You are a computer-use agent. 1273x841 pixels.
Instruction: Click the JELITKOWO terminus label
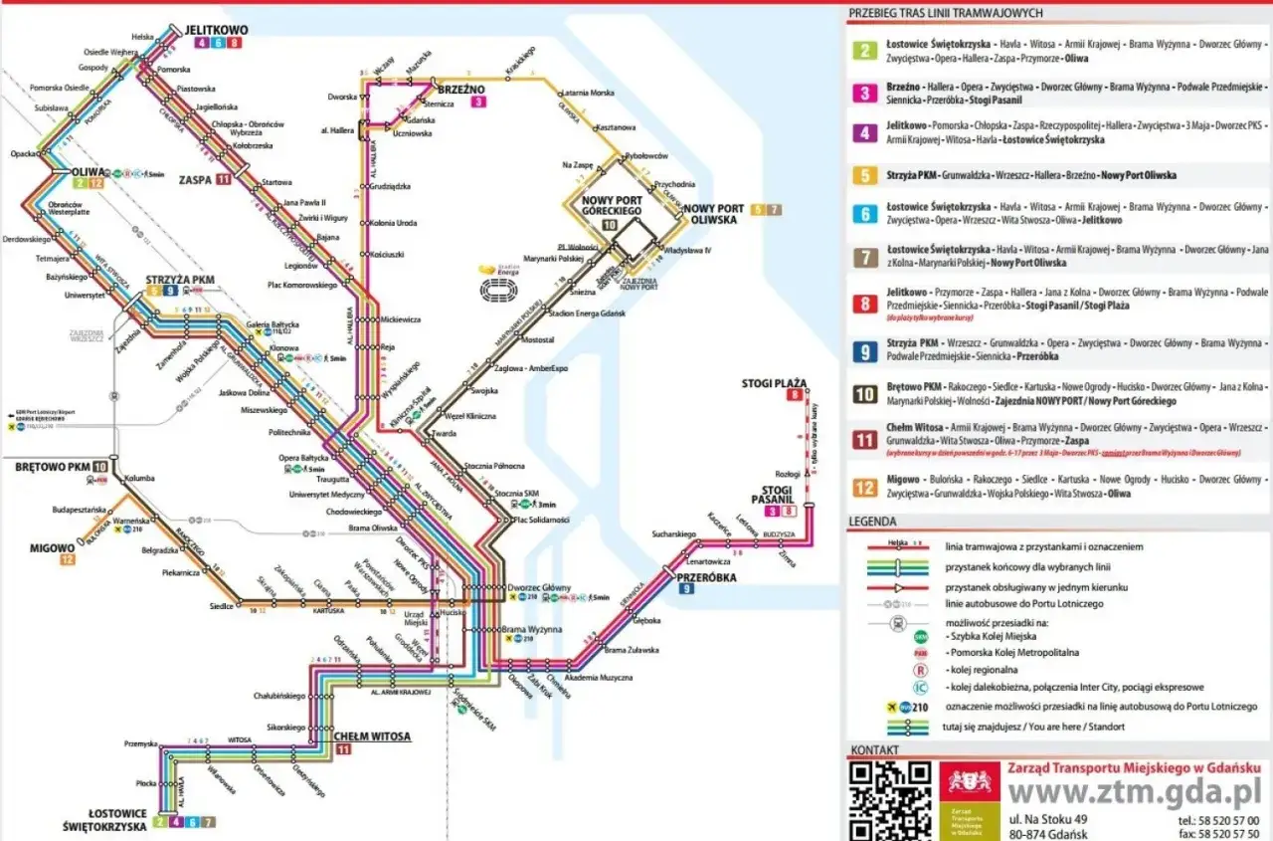tap(216, 30)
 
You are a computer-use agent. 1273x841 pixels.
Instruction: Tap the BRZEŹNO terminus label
tap(461, 89)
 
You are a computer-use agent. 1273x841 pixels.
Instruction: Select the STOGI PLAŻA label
tap(774, 383)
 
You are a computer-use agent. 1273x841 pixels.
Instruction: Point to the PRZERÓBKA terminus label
tap(705, 576)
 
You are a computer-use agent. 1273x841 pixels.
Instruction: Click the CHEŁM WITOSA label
tap(372, 736)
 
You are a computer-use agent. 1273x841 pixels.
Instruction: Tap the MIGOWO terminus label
tap(53, 547)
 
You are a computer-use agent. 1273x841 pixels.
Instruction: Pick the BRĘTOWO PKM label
tap(52, 466)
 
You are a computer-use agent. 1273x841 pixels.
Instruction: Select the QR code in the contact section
tap(890, 800)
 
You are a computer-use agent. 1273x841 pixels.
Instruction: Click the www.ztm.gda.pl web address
tap(1134, 793)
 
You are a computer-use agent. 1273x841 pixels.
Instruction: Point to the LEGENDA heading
tap(872, 522)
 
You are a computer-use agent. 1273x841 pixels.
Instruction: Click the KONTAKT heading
tap(874, 749)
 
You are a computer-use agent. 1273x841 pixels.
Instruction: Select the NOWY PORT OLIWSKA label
tap(713, 214)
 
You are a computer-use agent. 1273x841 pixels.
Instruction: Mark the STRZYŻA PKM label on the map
tap(180, 280)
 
